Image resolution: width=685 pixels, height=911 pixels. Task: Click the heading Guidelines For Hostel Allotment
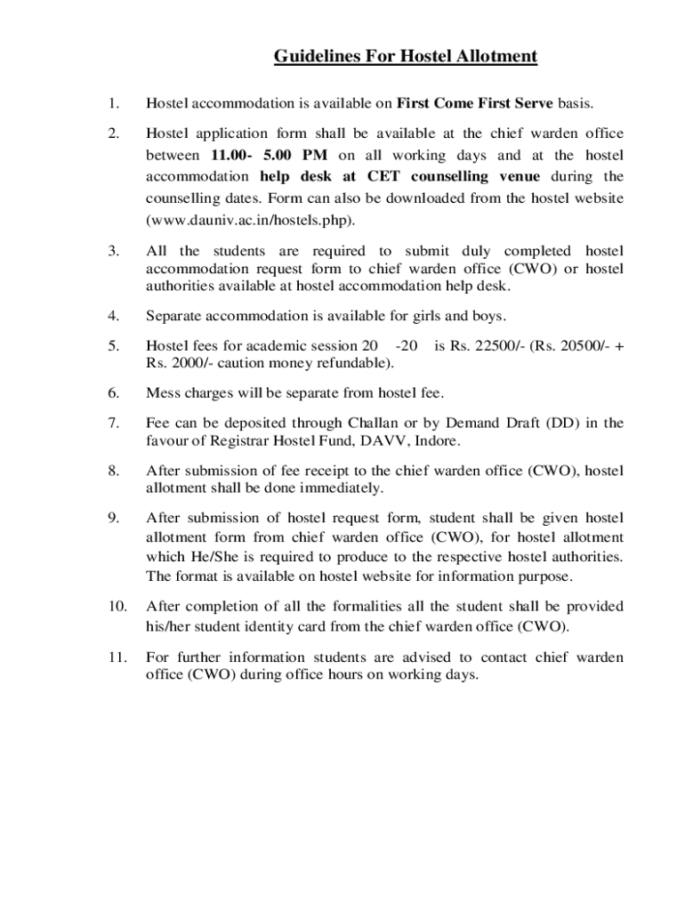[x=405, y=58]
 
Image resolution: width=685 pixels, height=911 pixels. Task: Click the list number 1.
[x=112, y=104]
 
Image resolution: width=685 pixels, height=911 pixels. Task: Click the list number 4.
[x=113, y=316]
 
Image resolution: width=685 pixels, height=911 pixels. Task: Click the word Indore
[x=437, y=439]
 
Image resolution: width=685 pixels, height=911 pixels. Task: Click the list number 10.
[x=116, y=606]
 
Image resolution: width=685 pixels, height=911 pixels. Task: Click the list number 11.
[x=116, y=657]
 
